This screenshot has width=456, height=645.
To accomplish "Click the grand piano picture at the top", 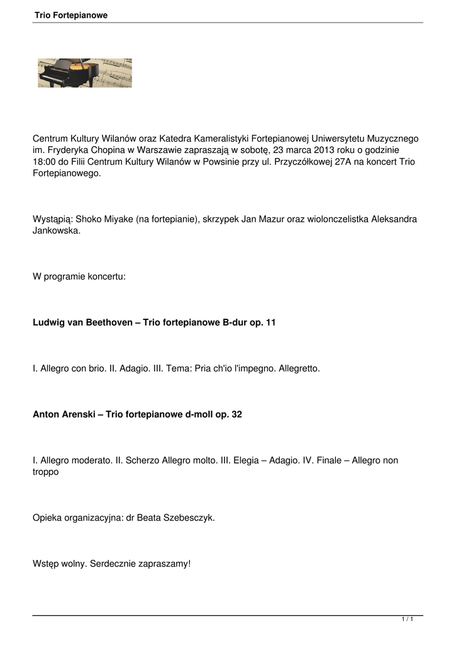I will [x=84, y=73].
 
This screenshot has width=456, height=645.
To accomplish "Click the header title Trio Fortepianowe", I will [x=71, y=15].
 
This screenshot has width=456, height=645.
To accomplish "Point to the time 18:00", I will [x=44, y=161].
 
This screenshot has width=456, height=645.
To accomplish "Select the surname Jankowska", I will [x=56, y=231].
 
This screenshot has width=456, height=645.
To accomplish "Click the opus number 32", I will [x=236, y=414].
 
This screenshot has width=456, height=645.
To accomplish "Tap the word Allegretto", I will [x=299, y=368].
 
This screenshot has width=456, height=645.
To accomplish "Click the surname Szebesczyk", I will [x=189, y=518].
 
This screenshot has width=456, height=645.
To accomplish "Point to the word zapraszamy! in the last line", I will [x=164, y=564].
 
